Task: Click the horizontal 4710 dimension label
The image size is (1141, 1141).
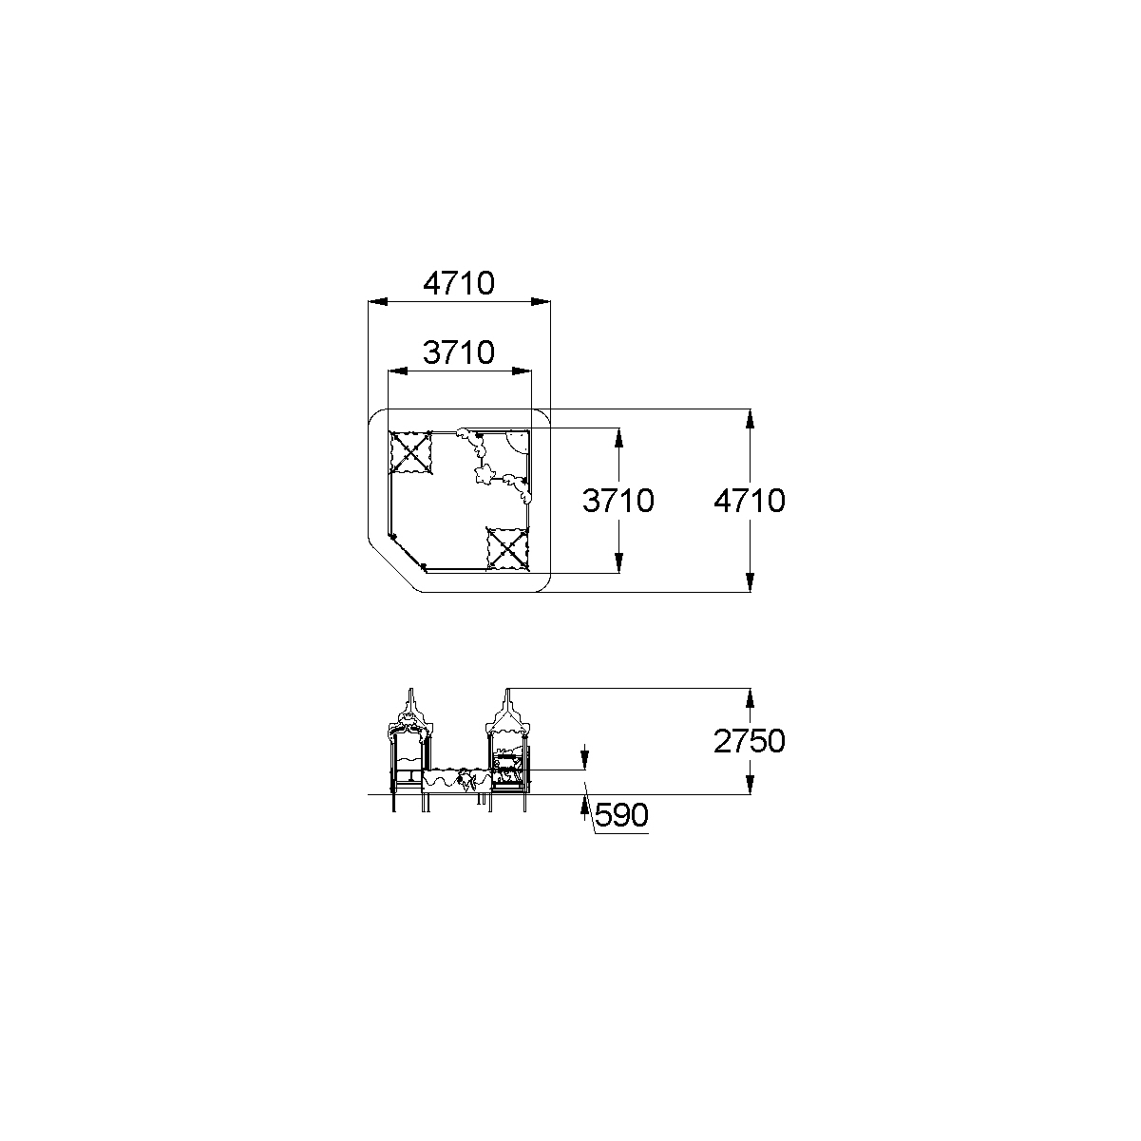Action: [x=459, y=283]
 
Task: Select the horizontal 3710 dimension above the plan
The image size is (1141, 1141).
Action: [x=459, y=352]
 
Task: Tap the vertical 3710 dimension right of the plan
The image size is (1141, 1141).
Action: [x=618, y=501]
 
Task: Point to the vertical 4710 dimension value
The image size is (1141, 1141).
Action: [x=750, y=501]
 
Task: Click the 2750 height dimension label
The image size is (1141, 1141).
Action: [x=750, y=741]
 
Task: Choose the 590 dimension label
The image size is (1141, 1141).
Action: [x=621, y=815]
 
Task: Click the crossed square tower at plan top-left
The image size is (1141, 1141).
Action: [x=410, y=453]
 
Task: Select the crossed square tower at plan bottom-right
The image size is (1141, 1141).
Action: [x=507, y=549]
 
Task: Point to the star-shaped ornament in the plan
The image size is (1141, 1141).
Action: [x=484, y=473]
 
